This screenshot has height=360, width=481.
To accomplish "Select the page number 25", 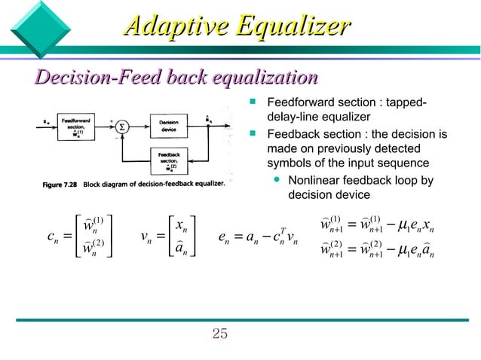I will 219,334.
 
